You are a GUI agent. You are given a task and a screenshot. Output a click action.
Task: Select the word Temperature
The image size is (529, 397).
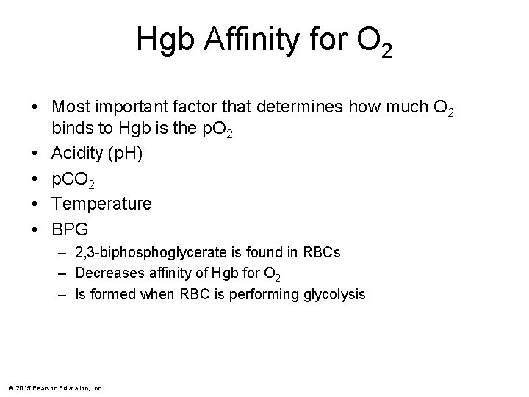101,203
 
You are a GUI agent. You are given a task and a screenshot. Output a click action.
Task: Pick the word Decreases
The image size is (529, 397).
109,274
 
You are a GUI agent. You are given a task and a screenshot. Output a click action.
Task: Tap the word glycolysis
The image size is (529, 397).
334,295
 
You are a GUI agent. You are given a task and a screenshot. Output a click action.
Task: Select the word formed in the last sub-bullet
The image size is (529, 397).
112,295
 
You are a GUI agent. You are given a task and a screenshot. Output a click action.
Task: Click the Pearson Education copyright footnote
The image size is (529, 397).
56,388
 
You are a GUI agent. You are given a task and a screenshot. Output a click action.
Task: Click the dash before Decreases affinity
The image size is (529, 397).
65,274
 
